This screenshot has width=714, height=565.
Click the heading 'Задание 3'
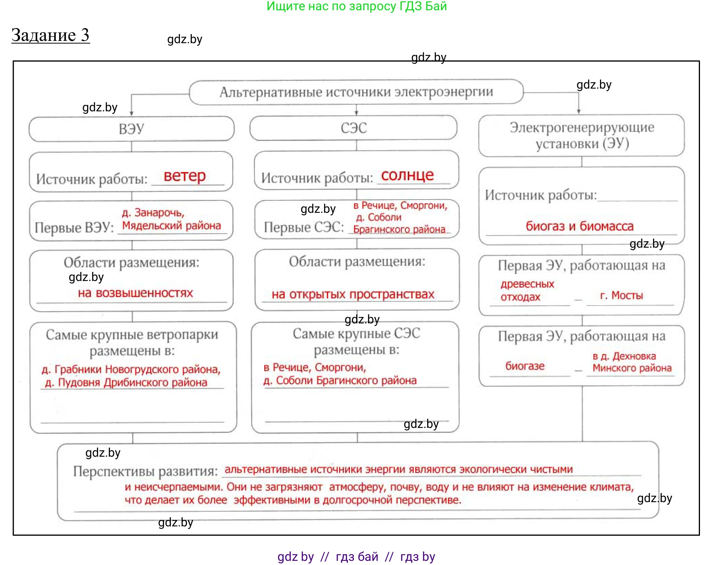tap(50, 35)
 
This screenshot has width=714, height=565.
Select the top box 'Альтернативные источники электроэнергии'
tap(356, 92)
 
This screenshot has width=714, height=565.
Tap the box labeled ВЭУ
tap(131, 129)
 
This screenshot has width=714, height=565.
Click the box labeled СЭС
tap(353, 128)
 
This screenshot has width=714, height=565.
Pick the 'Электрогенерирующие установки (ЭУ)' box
tap(581, 135)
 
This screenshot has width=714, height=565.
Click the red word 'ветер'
tap(185, 176)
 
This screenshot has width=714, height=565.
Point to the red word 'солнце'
tap(407, 175)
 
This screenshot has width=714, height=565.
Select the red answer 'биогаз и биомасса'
tap(579, 226)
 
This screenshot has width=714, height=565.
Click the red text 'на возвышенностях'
tap(135, 293)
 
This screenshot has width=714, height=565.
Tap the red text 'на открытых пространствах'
tap(352, 294)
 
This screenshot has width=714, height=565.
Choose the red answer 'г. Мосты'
tap(621, 295)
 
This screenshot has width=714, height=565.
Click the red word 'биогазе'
tap(525, 366)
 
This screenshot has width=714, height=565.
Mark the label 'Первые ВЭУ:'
tap(74, 228)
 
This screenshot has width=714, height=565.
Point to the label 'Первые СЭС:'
tap(304, 227)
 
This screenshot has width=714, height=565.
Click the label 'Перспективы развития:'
tap(145, 471)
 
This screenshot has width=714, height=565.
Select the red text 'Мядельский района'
tap(171, 226)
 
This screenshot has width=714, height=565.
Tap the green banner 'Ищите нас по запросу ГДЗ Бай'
tap(356, 6)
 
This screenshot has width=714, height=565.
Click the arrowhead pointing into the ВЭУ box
tap(132, 113)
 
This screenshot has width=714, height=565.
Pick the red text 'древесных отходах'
tap(527, 290)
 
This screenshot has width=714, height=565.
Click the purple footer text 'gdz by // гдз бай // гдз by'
tap(356, 557)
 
